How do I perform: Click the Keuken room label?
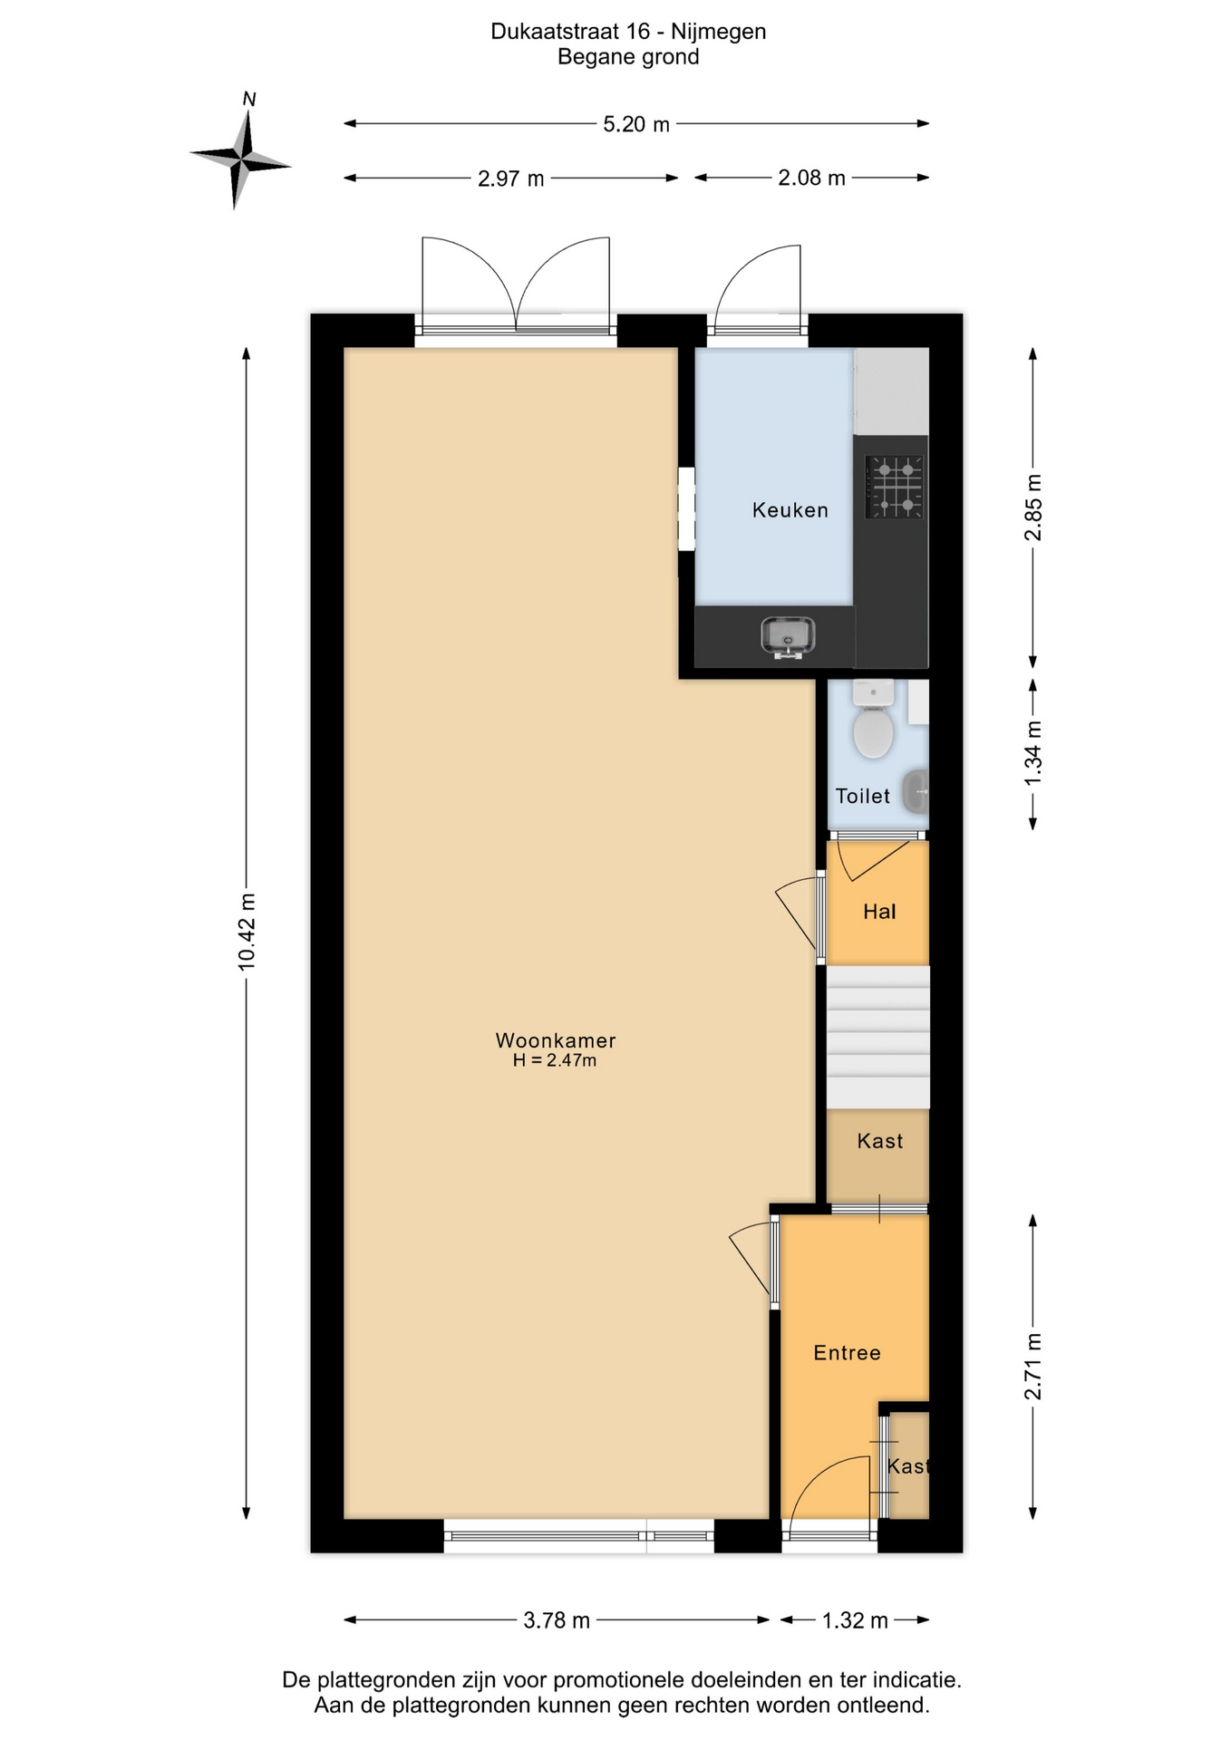(790, 510)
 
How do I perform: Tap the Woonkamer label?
(556, 1040)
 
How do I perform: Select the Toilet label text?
(862, 796)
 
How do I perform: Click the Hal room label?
(879, 912)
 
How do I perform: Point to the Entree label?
(847, 1353)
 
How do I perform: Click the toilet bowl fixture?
(874, 720)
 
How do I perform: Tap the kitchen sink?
(787, 636)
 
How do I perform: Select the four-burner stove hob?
(895, 488)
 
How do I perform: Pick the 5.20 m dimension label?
(636, 124)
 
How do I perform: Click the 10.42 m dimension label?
(247, 932)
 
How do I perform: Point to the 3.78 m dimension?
(557, 1620)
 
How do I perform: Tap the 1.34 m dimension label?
(1033, 754)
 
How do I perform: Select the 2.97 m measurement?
(511, 179)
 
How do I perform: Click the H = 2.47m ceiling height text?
(555, 1060)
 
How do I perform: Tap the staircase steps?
(877, 1037)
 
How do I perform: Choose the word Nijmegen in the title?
(719, 32)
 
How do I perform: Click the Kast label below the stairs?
(880, 1141)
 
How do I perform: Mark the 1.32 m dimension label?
(855, 1620)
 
